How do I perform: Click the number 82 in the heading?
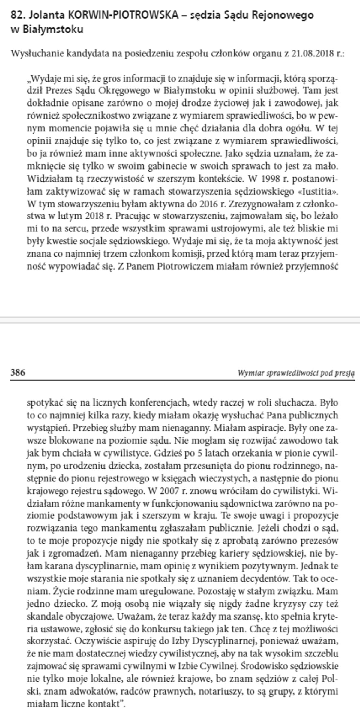pyautogui.click(x=16, y=15)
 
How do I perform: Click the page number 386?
pyautogui.click(x=18, y=373)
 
